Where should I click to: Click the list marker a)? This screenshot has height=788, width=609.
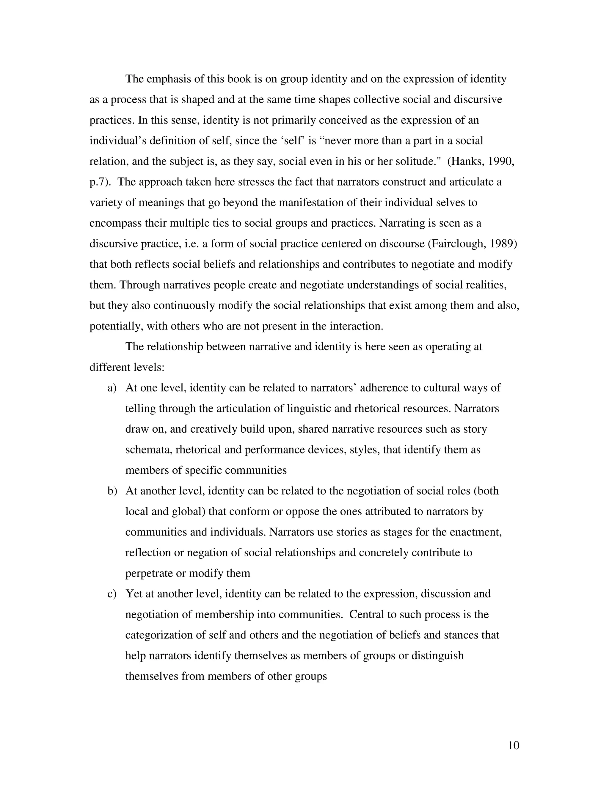[112, 388]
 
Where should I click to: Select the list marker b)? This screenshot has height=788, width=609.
[112, 491]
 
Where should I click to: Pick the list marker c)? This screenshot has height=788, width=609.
[112, 594]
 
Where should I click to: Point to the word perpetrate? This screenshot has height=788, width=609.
[149, 573]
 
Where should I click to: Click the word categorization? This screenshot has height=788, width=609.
[160, 635]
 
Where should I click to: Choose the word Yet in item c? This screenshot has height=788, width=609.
[134, 594]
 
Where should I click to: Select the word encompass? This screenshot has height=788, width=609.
[115, 223]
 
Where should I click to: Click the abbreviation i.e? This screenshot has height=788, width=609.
[191, 244]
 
